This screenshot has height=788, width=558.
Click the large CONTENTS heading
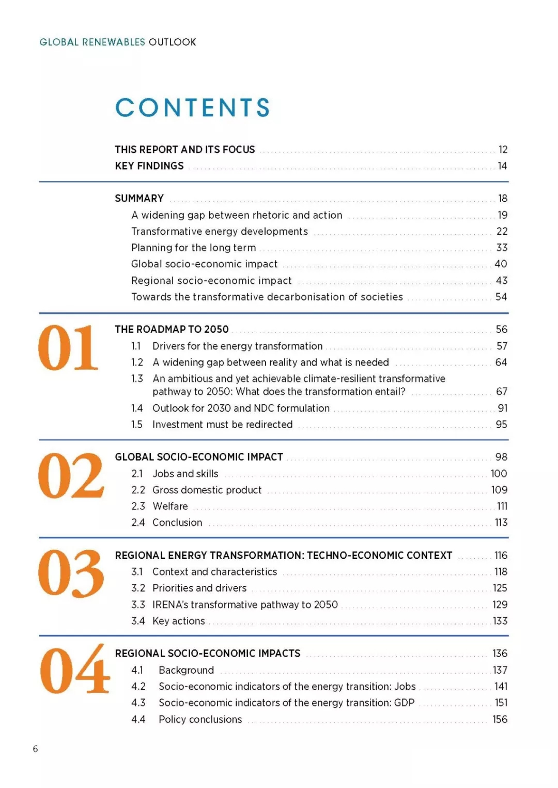pyautogui.click(x=192, y=108)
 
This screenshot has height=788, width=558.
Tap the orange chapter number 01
pyautogui.click(x=68, y=348)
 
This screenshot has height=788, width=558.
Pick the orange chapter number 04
pyautogui.click(x=74, y=670)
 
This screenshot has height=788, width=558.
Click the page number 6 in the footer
pyautogui.click(x=35, y=749)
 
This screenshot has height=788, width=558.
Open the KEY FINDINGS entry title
pyautogui.click(x=149, y=166)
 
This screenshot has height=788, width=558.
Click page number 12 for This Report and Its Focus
pyautogui.click(x=503, y=150)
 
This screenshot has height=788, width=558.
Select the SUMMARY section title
pyautogui.click(x=139, y=199)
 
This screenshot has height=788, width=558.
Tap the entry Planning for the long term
pyautogui.click(x=193, y=248)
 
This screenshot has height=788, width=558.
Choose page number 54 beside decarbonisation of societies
pyautogui.click(x=501, y=297)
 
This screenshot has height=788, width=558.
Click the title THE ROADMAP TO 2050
pyautogui.click(x=172, y=329)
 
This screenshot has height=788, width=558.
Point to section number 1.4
pyautogui.click(x=137, y=408)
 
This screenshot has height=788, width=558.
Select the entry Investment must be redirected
pyautogui.click(x=222, y=425)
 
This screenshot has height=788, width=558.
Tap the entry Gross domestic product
pyautogui.click(x=207, y=490)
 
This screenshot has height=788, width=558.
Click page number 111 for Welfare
pyautogui.click(x=502, y=506)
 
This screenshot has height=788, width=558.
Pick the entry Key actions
pyautogui.click(x=178, y=621)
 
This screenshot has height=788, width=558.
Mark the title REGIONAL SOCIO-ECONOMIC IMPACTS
pyautogui.click(x=208, y=654)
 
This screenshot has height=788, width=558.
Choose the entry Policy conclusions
pyautogui.click(x=200, y=719)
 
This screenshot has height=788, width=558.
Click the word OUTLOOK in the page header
pyautogui.click(x=173, y=42)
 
